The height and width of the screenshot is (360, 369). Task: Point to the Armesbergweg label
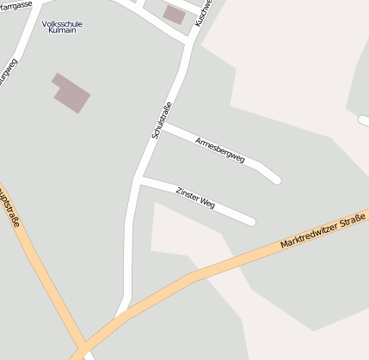point(220,149)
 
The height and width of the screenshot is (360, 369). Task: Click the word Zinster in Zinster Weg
point(187,195)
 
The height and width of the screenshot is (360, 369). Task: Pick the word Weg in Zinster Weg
point(207,204)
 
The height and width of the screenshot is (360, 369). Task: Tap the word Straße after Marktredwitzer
point(354,220)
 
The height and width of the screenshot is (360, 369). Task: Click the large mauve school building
point(71,93)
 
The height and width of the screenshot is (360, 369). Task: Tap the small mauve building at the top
point(175,14)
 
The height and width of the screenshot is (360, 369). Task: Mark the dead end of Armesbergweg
point(276,180)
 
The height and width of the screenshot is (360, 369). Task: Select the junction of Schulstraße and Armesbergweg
point(164,126)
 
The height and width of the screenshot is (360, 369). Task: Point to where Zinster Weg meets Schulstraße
point(139,180)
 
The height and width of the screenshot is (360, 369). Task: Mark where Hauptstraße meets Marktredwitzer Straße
point(79,350)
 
